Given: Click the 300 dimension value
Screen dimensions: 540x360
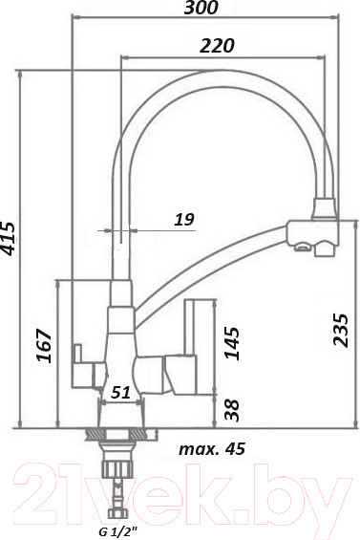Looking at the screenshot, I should pyautogui.click(x=201, y=9).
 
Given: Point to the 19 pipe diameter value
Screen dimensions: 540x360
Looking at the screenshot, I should pyautogui.click(x=184, y=220).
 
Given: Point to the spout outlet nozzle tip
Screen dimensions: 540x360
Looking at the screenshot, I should pyautogui.click(x=303, y=250).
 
